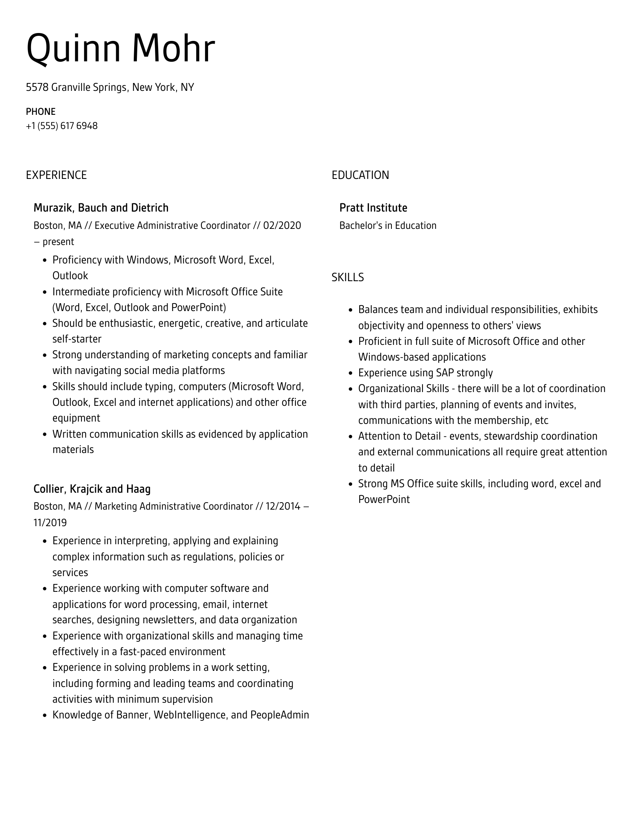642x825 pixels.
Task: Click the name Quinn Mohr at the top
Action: [x=120, y=49]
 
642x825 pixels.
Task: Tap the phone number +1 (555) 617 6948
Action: [x=62, y=126]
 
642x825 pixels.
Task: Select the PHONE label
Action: [x=41, y=112]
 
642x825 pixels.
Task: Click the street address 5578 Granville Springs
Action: [x=77, y=87]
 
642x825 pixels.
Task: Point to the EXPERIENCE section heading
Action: [x=56, y=175]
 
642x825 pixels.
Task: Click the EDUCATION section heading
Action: [x=360, y=175]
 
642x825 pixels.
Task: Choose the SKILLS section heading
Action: [x=347, y=277]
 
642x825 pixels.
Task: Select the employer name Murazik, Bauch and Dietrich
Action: [x=101, y=208]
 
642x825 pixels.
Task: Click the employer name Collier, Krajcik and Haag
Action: [x=92, y=489]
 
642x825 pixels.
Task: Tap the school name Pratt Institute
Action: [x=373, y=208]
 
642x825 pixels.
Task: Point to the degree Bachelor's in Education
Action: [x=387, y=225]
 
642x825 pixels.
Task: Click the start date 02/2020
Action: [x=282, y=225]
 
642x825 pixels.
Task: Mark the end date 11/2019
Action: [x=50, y=523]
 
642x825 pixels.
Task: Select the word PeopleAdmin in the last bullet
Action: [x=280, y=715]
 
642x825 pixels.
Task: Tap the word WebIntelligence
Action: [x=190, y=715]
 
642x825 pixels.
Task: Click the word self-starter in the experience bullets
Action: [x=77, y=339]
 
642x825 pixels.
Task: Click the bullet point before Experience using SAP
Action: [x=351, y=373]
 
